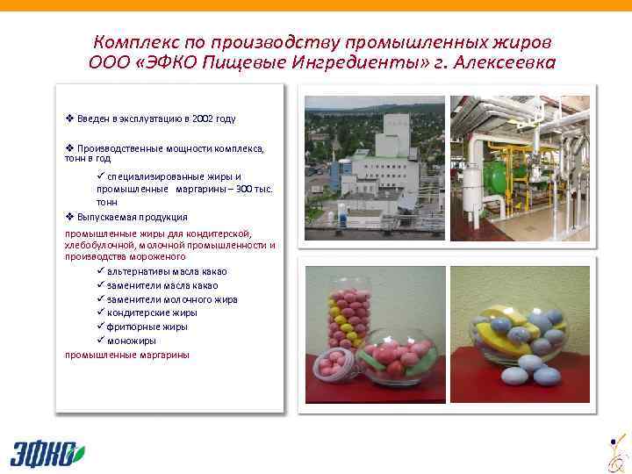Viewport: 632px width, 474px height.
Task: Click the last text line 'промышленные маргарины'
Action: [126, 355]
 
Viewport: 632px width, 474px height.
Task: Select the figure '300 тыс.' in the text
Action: [255, 189]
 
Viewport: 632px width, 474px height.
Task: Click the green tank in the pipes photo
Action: [498, 176]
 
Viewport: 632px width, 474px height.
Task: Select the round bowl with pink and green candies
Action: [399, 355]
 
